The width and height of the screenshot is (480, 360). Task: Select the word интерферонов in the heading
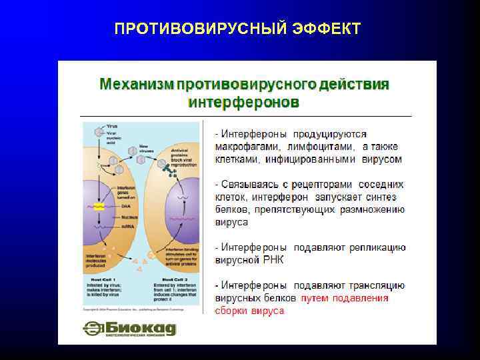pyautogui.click(x=243, y=103)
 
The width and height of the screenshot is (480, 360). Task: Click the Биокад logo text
pyautogui.click(x=140, y=327)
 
